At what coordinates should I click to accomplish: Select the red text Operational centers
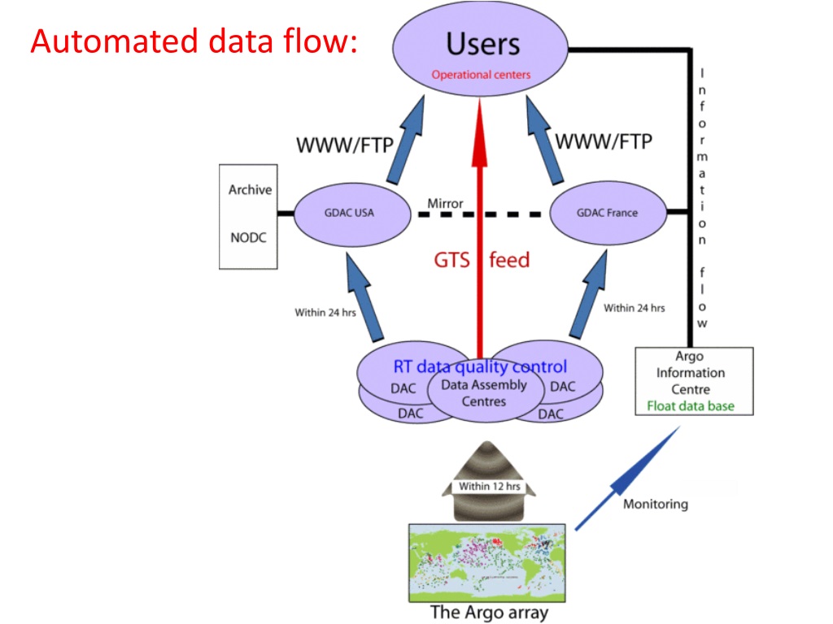point(481,75)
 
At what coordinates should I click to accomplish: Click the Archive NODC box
point(249,215)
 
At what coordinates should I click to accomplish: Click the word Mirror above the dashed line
point(445,202)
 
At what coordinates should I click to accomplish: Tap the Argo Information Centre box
point(693,380)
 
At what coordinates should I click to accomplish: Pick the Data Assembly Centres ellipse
point(483,393)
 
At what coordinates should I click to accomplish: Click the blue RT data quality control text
point(480,366)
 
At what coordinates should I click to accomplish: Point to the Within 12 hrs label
point(485,486)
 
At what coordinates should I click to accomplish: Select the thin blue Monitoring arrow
point(626,479)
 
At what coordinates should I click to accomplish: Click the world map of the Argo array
point(486,561)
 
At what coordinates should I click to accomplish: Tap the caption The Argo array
point(488,612)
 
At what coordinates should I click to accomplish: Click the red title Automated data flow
point(193,41)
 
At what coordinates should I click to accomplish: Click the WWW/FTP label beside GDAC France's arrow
point(603,142)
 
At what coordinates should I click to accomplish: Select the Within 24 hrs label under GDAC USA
point(325,312)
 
